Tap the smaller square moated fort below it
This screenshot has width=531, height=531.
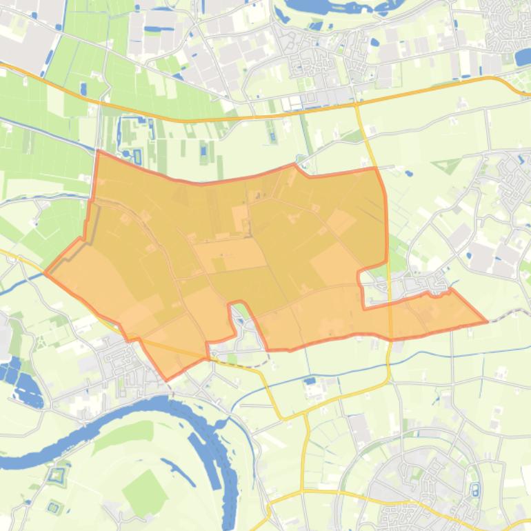coord(53,508)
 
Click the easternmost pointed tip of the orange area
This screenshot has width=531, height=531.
coord(487,321)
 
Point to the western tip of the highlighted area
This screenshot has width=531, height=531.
coord(46,273)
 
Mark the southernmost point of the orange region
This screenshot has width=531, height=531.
coord(166,380)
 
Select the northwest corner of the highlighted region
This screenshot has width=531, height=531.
coord(97,151)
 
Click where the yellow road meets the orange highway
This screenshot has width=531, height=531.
coord(357,105)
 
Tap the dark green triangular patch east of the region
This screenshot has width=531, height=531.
coord(448,166)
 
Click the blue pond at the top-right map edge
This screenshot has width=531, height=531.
coord(523,57)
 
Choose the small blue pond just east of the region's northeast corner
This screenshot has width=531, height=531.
coord(409,174)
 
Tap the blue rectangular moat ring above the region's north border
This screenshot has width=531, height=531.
coord(137,156)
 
